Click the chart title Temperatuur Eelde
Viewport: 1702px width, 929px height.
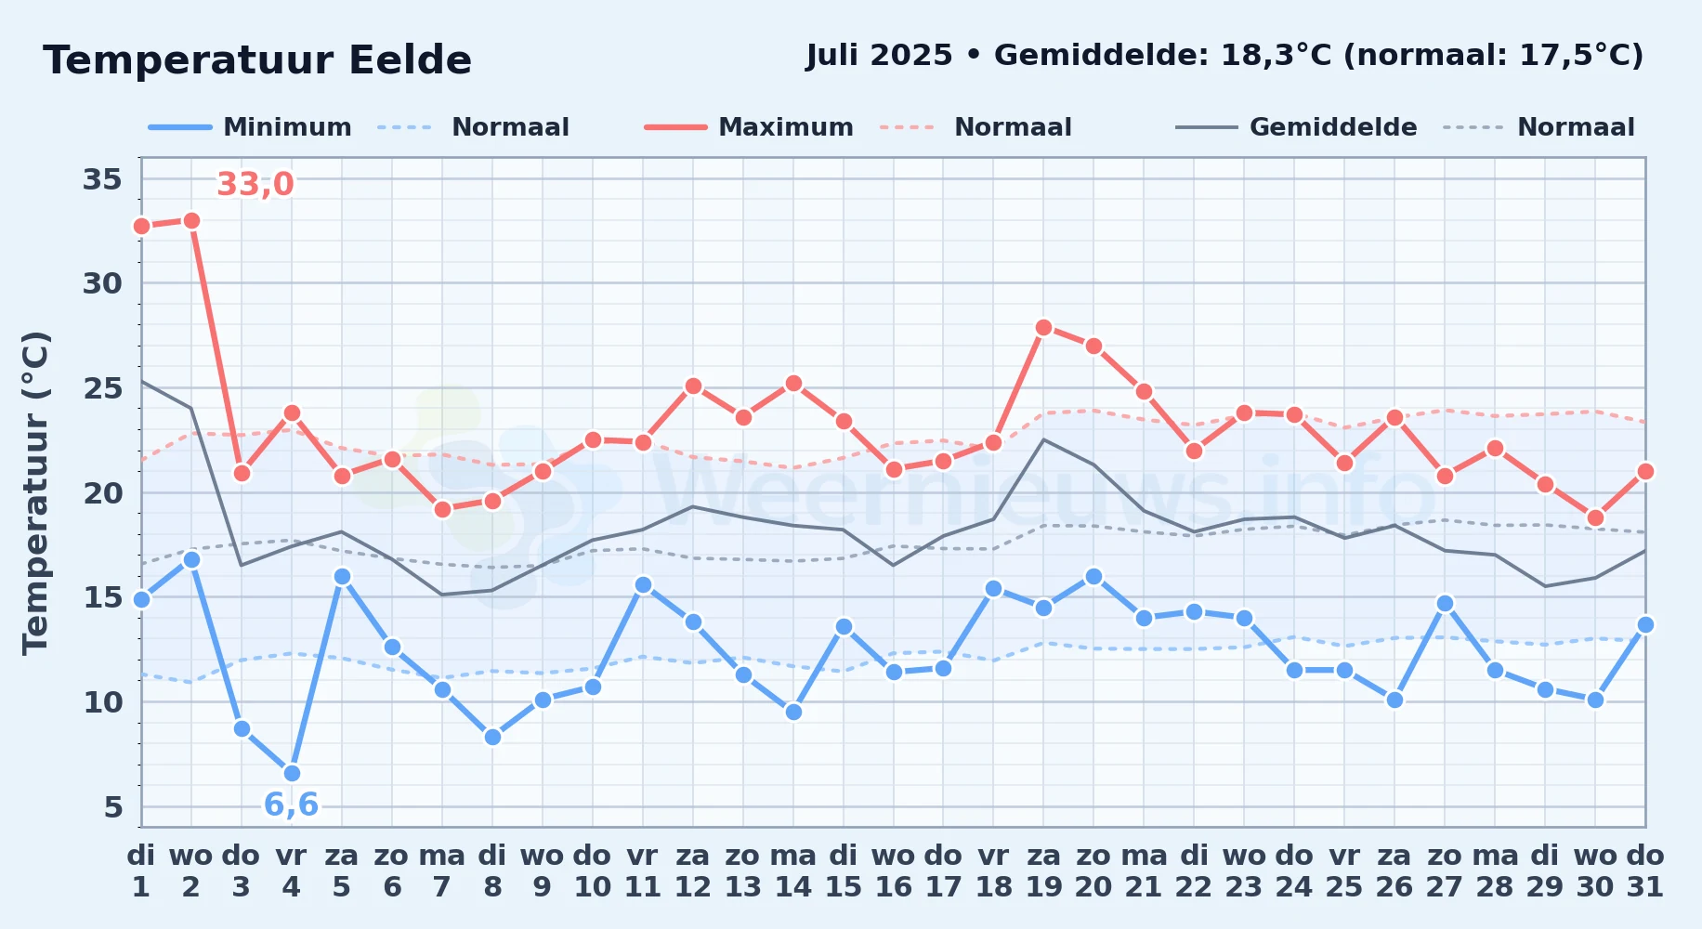pos(257,60)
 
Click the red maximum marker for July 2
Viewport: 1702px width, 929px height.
pos(191,220)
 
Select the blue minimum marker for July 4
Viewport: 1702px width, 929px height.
pos(292,773)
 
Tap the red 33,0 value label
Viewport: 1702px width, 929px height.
pos(255,184)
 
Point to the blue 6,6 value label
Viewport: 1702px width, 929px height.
pos(291,805)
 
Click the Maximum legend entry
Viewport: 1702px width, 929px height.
pos(749,127)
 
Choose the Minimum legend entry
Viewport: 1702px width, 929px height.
pos(250,127)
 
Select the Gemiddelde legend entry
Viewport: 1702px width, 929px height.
pos(1296,127)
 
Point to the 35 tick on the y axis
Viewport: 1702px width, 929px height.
pos(102,178)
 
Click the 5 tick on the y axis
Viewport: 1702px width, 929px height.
pos(113,806)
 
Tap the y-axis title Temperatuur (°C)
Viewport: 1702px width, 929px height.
pos(35,492)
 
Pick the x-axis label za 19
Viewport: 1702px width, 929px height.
pos(1043,870)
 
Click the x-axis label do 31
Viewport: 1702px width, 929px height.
pos(1645,870)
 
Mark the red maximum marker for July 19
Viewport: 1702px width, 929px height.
pos(1043,327)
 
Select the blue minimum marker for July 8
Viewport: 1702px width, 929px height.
pos(492,737)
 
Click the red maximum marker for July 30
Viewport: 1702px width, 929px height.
pos(1595,517)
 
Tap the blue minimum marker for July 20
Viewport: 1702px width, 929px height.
pos(1093,576)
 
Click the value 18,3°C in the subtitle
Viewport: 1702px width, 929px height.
pos(1276,56)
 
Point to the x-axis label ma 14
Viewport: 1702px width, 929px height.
pos(793,870)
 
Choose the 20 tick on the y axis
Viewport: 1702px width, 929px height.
pos(102,492)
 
